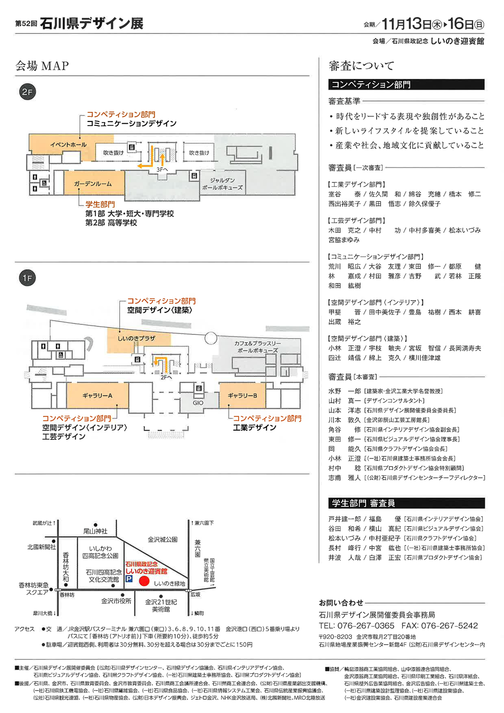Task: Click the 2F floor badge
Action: (x=27, y=92)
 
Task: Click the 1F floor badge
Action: (x=27, y=278)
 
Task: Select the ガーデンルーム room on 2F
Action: (x=93, y=184)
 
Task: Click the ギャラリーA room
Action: (x=97, y=395)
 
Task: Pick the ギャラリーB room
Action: (x=242, y=395)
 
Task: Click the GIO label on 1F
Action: (x=198, y=403)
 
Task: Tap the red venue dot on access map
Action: (x=144, y=581)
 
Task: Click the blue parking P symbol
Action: (x=129, y=579)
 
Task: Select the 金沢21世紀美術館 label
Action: (x=161, y=605)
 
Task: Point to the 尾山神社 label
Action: (x=95, y=531)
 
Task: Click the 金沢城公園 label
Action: (x=162, y=540)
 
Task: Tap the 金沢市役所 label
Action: (x=116, y=601)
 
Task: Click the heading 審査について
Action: (x=361, y=66)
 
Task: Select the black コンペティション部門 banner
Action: (x=406, y=85)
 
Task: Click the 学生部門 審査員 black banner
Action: (x=406, y=503)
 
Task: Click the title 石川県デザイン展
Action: (x=91, y=23)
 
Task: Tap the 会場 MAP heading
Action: (x=42, y=66)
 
